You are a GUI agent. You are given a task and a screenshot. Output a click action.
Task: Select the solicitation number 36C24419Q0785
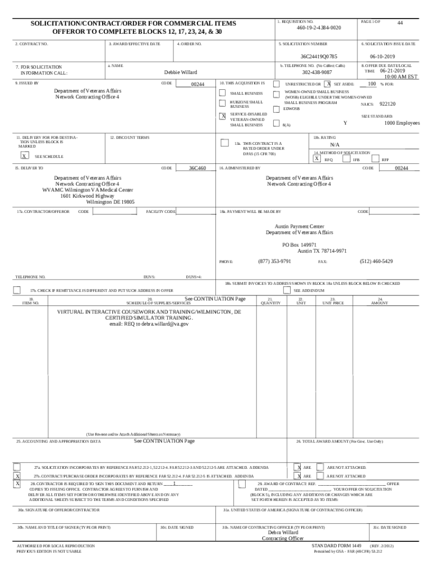pos(319,56)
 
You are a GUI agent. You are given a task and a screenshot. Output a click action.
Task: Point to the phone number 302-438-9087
pos(317,72)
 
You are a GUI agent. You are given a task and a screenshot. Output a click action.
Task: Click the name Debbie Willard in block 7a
pos(181,72)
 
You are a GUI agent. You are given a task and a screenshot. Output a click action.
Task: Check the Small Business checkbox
pos(223,93)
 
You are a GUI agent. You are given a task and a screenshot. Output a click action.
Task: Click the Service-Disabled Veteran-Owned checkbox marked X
pos(223,116)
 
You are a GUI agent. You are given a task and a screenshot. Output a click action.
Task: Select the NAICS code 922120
pos(388,104)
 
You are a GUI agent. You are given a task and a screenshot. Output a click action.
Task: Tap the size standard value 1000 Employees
pos(402,124)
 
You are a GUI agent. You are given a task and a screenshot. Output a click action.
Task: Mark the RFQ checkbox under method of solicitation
pos(317,159)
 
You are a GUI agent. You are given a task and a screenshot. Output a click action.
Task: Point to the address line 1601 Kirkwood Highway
pos(88,196)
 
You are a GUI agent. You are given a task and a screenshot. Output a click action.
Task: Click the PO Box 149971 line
pos(300,245)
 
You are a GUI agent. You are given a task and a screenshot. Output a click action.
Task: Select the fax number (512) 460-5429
pos(376,261)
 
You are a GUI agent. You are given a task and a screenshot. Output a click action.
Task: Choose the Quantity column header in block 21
pos(270,303)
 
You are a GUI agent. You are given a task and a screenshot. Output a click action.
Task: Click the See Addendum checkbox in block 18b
pos(287,290)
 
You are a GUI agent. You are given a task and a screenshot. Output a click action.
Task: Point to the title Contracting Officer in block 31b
pos(283,539)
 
